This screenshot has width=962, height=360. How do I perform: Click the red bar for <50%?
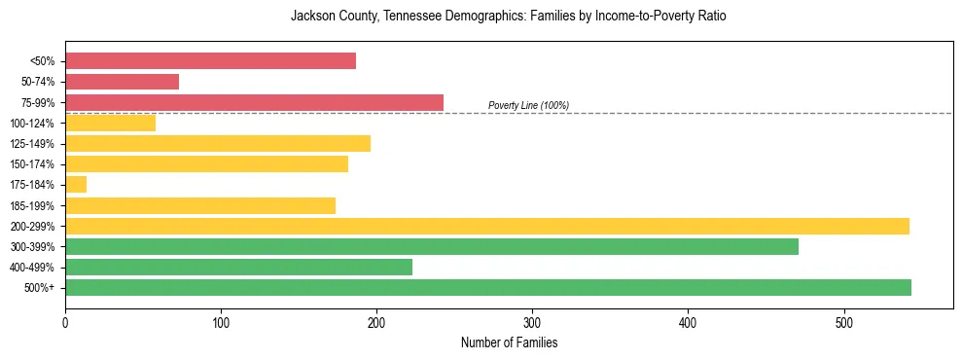[210, 61]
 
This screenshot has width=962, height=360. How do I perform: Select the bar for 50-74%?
[122, 82]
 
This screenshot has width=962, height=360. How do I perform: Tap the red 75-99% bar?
[254, 102]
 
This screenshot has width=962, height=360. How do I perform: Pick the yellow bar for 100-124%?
[110, 123]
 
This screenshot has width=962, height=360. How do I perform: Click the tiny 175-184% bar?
[76, 185]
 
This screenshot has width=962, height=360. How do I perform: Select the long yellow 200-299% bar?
[486, 226]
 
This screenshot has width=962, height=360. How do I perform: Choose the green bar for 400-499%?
[238, 267]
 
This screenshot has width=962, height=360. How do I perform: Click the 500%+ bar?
[487, 287]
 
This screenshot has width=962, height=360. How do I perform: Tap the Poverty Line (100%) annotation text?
[528, 105]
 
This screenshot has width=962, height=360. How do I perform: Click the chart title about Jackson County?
[508, 17]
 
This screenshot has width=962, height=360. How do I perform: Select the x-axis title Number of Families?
[509, 343]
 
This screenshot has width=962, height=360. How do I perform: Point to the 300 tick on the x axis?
[532, 323]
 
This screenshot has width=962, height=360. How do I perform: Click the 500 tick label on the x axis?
[843, 323]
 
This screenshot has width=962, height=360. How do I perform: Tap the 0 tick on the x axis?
[65, 323]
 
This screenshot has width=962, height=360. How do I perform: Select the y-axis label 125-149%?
[32, 144]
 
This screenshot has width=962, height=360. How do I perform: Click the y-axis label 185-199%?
[32, 206]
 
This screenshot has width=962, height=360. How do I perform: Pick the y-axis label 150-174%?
[32, 164]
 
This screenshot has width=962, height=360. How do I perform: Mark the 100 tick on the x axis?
[221, 323]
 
